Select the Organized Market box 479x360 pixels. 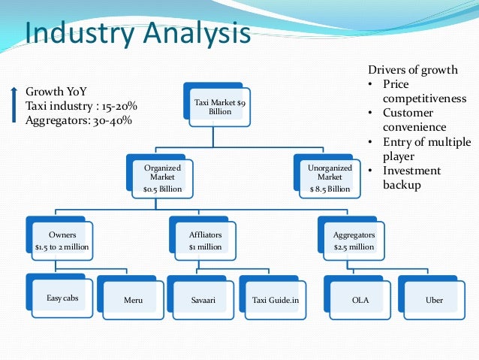(162, 178)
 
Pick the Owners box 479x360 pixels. (62, 240)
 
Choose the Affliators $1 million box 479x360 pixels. (205, 240)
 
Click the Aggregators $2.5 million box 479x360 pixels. (353, 240)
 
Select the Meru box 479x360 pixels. (132, 300)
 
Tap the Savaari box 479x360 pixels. (202, 300)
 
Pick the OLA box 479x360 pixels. (360, 300)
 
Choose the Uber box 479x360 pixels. (433, 300)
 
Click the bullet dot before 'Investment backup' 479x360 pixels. (372, 171)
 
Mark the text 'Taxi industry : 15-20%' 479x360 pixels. (82, 106)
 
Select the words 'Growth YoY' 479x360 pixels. (56, 92)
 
